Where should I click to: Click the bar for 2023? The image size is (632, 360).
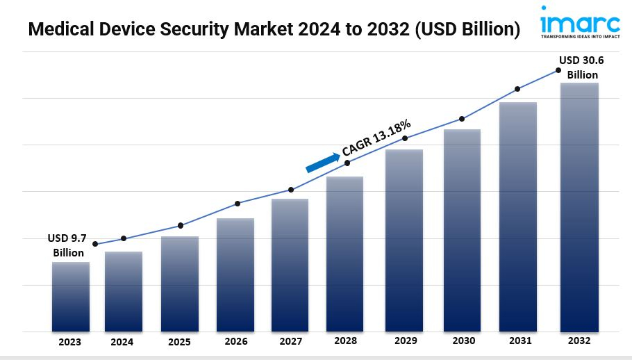[70, 297]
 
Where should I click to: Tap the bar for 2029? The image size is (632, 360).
[404, 240]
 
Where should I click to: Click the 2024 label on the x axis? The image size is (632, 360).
[122, 342]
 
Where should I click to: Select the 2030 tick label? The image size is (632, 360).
[463, 341]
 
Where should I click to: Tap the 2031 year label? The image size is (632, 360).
[519, 341]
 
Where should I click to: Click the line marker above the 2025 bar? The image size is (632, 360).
[181, 225]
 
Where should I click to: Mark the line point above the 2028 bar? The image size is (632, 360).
[347, 163]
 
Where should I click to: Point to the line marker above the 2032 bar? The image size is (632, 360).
[558, 70]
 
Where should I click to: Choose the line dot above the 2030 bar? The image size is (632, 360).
[462, 119]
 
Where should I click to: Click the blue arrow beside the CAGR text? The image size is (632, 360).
[322, 162]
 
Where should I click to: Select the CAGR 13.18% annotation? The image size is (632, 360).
[376, 137]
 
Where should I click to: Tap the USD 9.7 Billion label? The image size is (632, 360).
[67, 245]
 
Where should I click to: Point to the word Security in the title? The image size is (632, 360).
[206, 30]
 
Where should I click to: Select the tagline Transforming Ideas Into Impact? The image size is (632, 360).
[581, 35]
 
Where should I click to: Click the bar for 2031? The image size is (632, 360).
[519, 217]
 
